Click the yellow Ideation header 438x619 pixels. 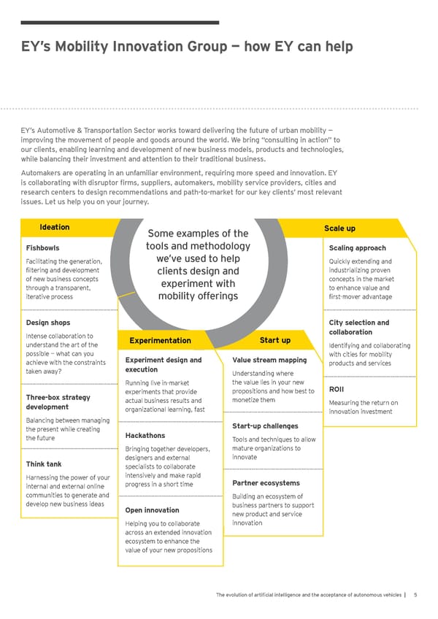click(55, 227)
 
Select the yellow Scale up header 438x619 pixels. click(339, 228)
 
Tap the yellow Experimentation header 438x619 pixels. click(160, 340)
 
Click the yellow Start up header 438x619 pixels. click(274, 340)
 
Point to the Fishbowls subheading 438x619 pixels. click(42, 247)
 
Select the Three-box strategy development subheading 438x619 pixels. click(58, 401)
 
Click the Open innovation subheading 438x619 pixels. click(153, 510)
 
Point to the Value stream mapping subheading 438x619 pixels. click(269, 360)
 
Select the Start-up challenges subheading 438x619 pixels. click(264, 426)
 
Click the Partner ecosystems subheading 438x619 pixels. click(266, 483)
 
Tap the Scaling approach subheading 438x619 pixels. click(358, 247)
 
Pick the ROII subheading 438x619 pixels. click(339, 388)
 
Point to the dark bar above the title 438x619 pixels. click(120, 23)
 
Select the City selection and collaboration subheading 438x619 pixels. click(359, 327)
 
